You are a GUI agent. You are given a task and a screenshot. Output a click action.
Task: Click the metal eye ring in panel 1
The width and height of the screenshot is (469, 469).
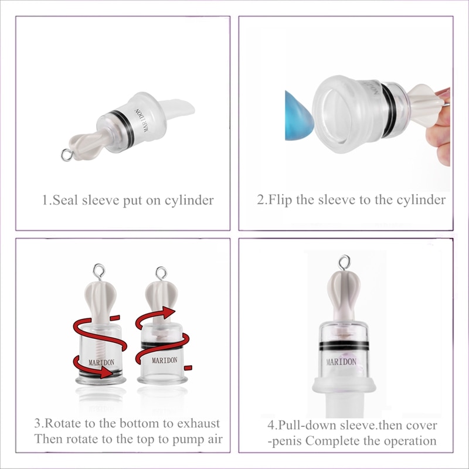tap(66, 155)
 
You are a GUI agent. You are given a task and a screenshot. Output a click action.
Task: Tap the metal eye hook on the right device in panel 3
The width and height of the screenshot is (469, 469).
tap(160, 272)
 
